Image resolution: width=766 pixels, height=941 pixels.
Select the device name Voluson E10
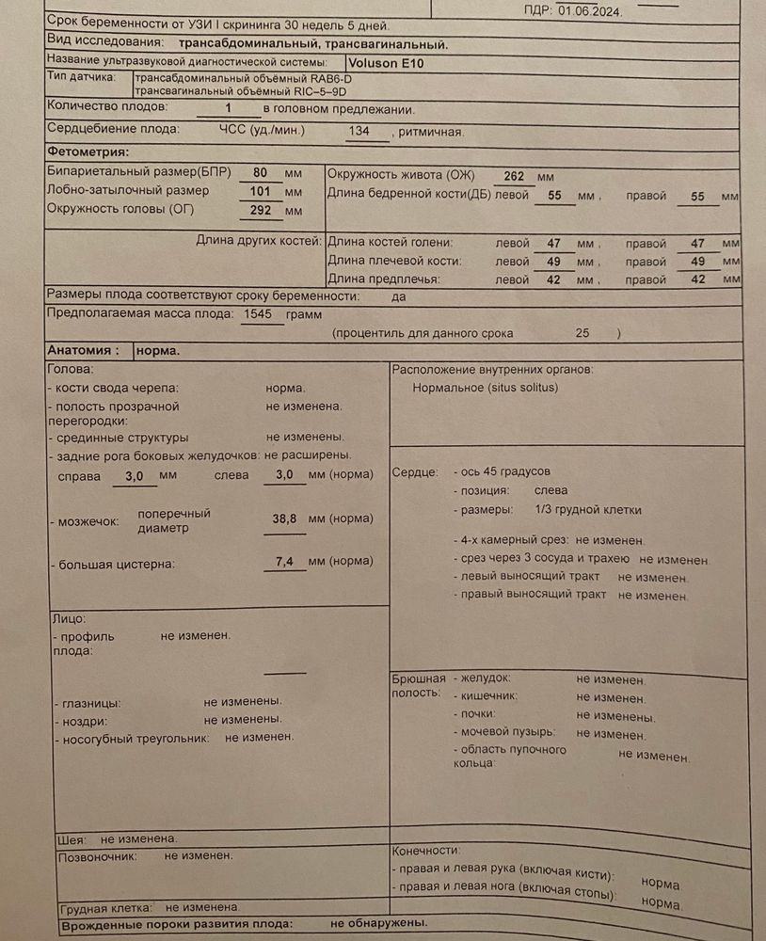(x=390, y=60)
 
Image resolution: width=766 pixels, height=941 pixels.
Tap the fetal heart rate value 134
(x=359, y=131)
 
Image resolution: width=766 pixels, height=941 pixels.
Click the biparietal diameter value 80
(x=262, y=173)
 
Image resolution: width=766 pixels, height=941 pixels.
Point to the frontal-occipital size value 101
(x=260, y=191)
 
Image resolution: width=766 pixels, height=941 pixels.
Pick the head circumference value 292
(x=260, y=209)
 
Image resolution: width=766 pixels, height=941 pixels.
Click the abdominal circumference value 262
(x=513, y=176)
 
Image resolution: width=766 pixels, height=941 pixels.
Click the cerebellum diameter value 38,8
(x=285, y=518)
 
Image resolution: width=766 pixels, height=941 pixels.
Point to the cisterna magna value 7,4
(x=285, y=562)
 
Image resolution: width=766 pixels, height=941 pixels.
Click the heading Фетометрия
(x=88, y=152)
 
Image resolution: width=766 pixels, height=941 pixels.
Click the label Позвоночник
(x=98, y=856)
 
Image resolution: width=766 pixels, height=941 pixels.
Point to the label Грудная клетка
(x=105, y=908)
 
